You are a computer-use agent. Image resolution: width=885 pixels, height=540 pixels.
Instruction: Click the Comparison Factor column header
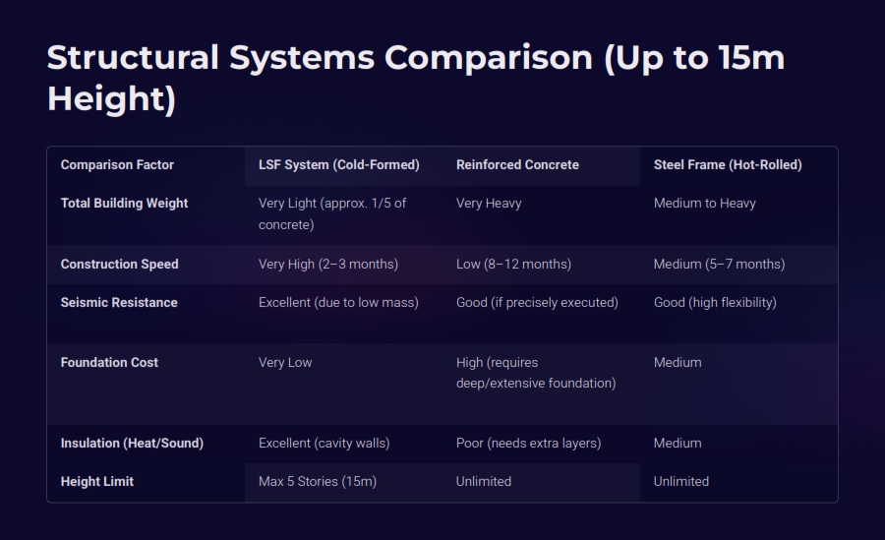(117, 165)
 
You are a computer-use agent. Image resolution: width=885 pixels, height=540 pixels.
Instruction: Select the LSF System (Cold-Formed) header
(338, 165)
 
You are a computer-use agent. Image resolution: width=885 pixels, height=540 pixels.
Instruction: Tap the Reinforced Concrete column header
(517, 165)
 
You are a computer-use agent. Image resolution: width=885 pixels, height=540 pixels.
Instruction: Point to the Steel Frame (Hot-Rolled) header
(728, 165)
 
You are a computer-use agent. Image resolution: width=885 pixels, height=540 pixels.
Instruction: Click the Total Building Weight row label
(124, 204)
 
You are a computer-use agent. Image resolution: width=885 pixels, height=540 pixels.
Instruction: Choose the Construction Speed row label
(120, 265)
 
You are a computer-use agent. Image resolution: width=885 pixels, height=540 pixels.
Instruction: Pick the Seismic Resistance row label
(119, 303)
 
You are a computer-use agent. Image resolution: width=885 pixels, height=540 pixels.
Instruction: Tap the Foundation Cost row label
(109, 363)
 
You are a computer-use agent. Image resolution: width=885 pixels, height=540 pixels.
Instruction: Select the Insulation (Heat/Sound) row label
(132, 444)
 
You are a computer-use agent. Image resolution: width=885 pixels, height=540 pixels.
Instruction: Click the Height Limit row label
(97, 482)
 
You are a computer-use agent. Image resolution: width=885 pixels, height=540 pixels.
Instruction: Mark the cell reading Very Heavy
(489, 204)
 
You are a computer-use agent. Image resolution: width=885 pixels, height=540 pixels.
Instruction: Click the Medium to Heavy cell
(704, 204)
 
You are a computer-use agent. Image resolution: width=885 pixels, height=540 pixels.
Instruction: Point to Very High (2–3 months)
(328, 265)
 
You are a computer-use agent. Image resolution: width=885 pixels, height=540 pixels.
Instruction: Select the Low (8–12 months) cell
(513, 265)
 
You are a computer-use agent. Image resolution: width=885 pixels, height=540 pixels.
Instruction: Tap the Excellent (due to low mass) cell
(338, 303)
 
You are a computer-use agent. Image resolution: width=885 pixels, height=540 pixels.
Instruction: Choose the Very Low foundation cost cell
(285, 363)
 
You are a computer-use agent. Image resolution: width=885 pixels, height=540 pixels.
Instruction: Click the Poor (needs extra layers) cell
(529, 444)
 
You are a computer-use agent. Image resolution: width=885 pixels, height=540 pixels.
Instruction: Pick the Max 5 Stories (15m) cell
(318, 482)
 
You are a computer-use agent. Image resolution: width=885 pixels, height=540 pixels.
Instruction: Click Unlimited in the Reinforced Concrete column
(484, 482)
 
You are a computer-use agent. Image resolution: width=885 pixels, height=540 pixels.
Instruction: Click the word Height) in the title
(112, 99)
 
